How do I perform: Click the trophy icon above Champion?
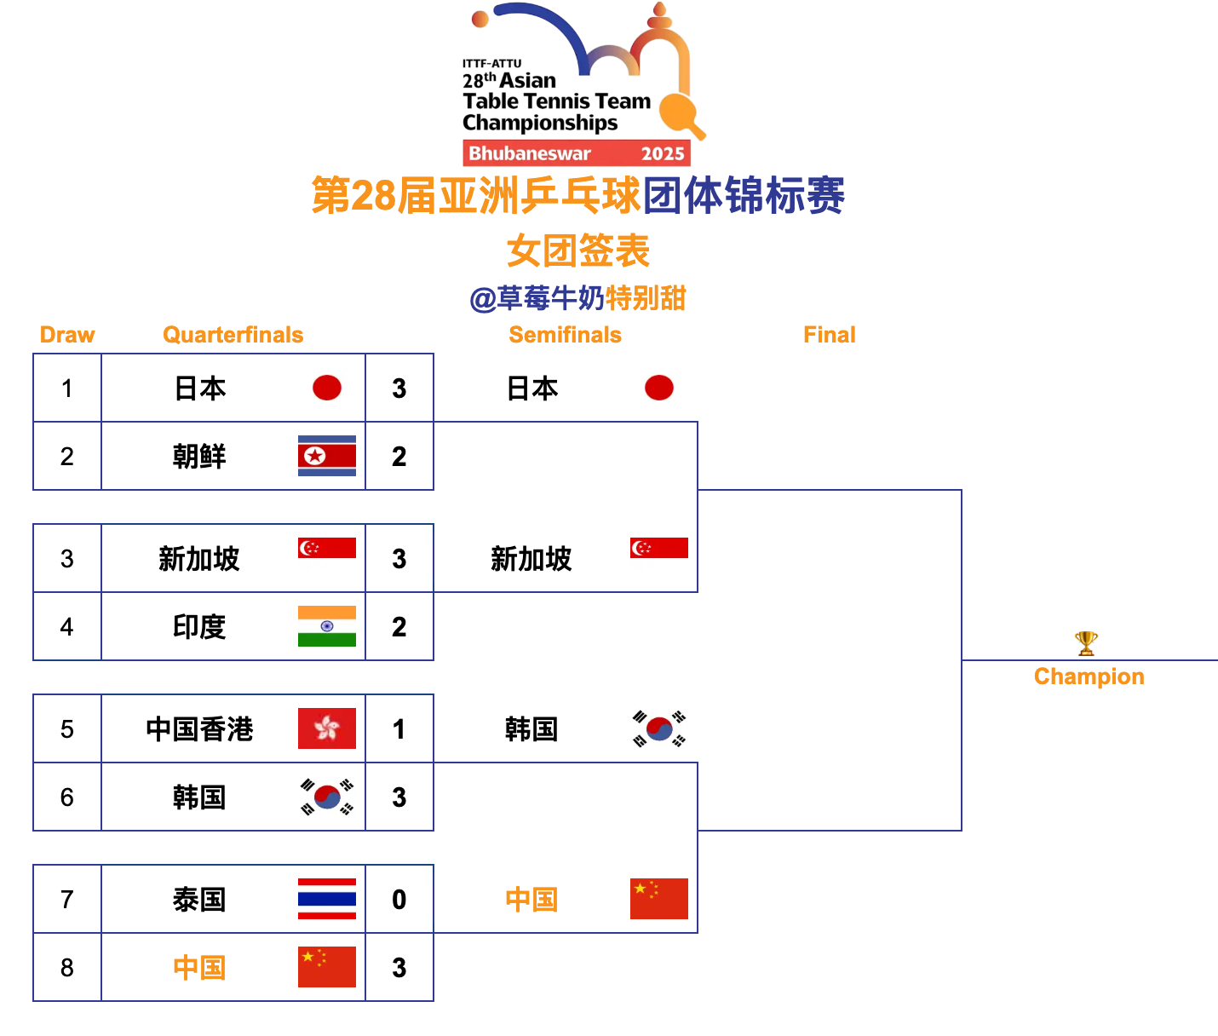coord(1086,643)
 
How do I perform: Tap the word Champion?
coord(1089,676)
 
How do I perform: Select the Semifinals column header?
coord(565,335)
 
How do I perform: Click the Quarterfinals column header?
coord(233,335)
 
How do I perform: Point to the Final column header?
coord(829,335)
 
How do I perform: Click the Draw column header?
coord(67,335)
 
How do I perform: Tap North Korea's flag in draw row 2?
coord(326,456)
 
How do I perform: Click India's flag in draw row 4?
coord(326,626)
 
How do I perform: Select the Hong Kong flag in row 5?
coord(326,728)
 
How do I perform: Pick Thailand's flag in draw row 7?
coord(326,899)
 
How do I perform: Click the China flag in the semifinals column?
coord(658,899)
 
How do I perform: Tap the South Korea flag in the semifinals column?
coord(658,728)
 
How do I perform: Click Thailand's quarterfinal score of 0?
coord(399,900)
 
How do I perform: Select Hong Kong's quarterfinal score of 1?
coord(399,729)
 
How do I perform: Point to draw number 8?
coord(67,968)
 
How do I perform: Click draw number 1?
coord(67,388)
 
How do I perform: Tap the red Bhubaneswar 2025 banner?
coord(576,153)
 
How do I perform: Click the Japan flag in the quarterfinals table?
coord(326,388)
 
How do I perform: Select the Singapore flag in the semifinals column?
coord(658,548)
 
